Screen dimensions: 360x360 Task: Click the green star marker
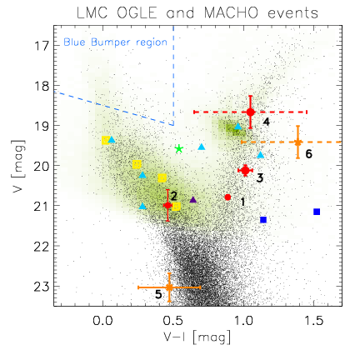[x=179, y=149]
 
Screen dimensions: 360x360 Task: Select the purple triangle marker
[x=193, y=199]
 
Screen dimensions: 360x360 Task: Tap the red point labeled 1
[x=227, y=197]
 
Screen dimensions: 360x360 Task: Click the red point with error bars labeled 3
[x=245, y=171]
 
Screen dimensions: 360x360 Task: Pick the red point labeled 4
[x=251, y=112]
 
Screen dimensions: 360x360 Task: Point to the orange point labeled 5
[x=169, y=287]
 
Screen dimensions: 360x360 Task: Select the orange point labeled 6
[x=298, y=142]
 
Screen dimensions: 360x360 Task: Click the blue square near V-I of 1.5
[x=317, y=212]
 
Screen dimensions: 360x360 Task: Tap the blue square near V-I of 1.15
[x=263, y=220]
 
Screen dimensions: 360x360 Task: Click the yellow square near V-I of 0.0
[x=106, y=140]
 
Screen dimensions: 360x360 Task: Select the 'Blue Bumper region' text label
[x=115, y=42]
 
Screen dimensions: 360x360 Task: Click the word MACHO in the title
[x=231, y=13]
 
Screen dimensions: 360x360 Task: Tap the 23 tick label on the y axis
[x=42, y=286]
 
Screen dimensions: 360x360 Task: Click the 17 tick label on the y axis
[x=42, y=45]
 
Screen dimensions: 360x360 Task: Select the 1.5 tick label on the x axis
[x=313, y=321]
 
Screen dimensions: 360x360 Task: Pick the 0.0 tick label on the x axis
[x=102, y=321]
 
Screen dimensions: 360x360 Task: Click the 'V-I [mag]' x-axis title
[x=197, y=337]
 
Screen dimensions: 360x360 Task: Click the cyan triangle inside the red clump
[x=238, y=126]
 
